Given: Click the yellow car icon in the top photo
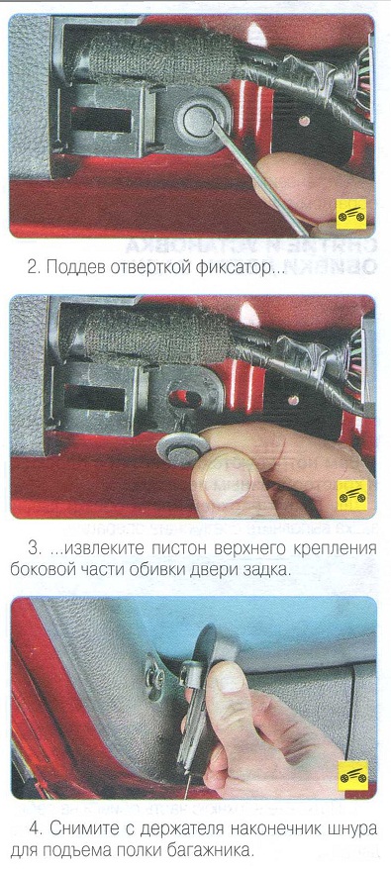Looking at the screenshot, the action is point(351,214).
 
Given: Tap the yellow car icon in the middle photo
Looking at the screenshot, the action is point(352,494).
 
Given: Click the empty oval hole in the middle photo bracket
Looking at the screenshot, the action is point(185,398).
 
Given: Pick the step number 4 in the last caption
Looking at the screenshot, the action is point(36,829).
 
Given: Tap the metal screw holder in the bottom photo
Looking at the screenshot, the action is point(153,675).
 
